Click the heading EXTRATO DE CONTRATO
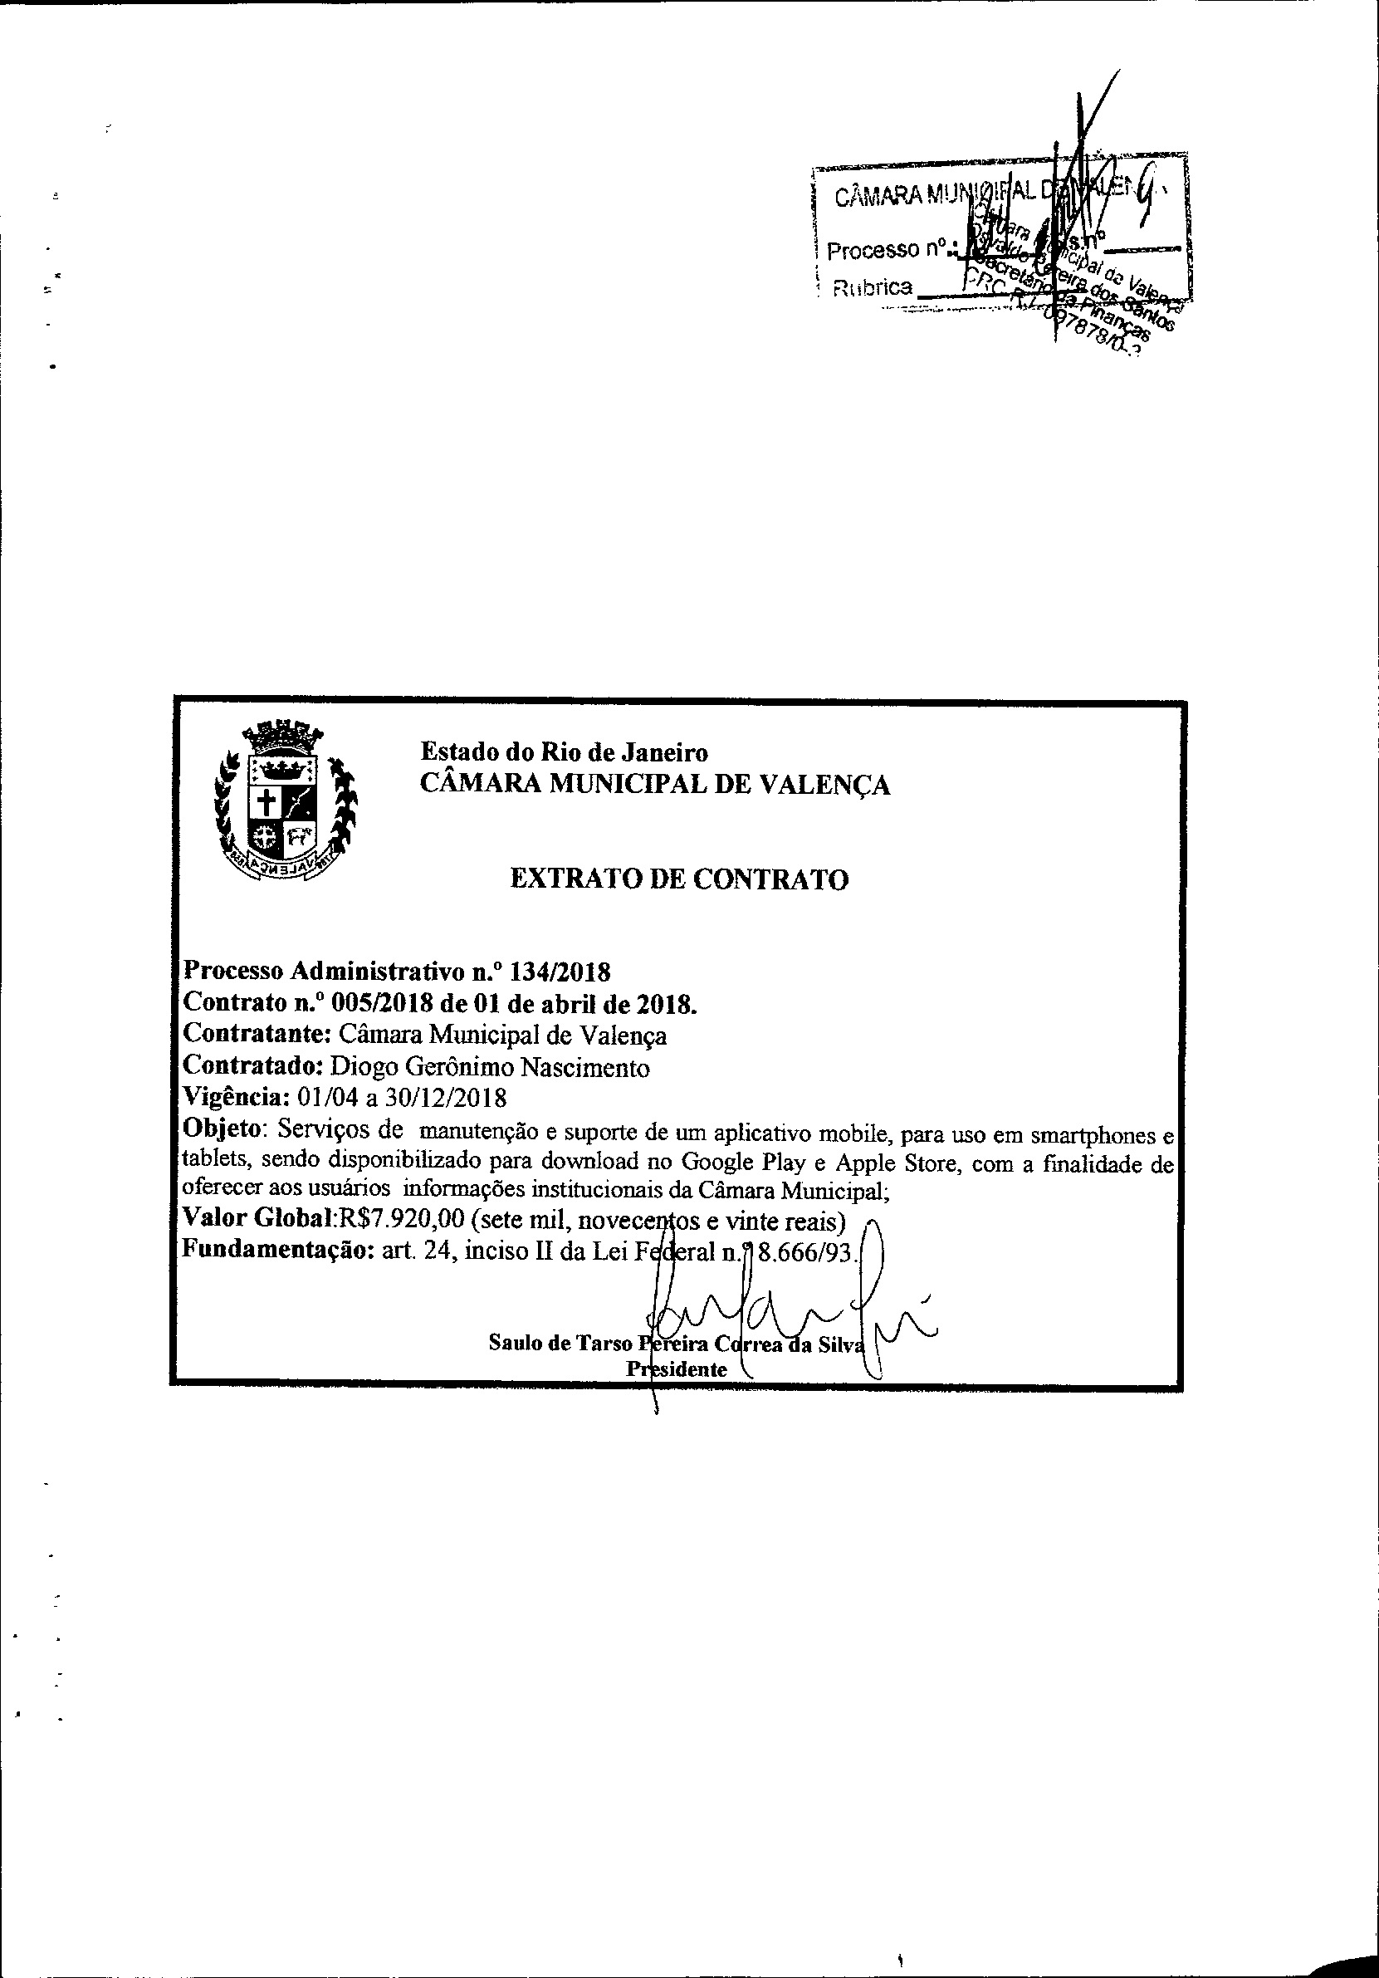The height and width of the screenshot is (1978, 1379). (x=679, y=879)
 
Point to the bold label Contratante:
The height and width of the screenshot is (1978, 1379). (x=257, y=1034)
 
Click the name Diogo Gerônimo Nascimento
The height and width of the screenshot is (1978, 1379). (x=490, y=1067)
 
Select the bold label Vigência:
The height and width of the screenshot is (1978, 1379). (x=236, y=1099)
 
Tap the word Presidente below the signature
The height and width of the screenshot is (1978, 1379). (x=676, y=1369)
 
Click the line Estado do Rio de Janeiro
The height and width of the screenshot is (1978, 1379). (x=565, y=752)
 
